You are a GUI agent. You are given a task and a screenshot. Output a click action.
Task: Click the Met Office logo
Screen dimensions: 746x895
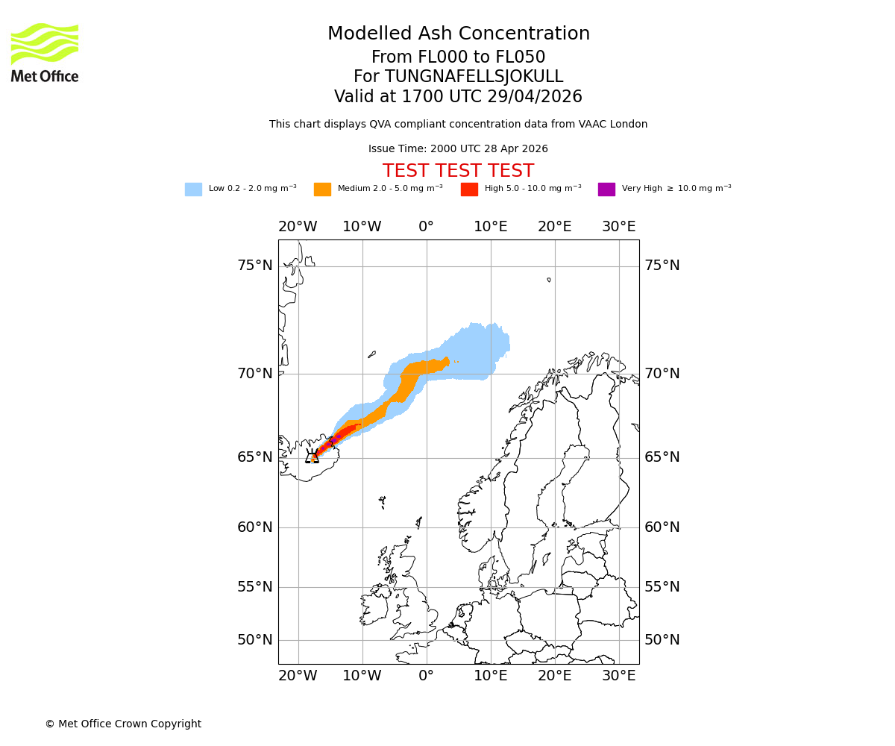tap(45, 52)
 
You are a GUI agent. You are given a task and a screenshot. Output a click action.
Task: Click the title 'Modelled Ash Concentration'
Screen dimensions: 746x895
tap(458, 34)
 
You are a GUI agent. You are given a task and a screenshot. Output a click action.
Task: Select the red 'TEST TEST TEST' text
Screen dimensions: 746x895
tap(458, 171)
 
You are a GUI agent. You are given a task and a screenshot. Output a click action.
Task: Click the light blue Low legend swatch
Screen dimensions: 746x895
tap(193, 189)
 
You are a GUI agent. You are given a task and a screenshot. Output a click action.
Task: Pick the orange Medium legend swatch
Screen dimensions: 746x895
tap(322, 189)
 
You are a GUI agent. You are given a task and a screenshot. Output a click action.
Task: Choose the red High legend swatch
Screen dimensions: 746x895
tap(469, 189)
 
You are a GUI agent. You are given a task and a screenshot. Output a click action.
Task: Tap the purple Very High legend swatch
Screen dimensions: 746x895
tap(606, 189)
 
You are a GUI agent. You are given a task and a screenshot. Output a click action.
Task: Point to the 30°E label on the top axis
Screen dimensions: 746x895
tap(619, 227)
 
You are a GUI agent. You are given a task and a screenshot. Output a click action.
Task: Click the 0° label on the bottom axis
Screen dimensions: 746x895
tap(426, 676)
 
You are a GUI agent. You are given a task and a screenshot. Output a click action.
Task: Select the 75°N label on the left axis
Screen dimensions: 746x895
tap(255, 266)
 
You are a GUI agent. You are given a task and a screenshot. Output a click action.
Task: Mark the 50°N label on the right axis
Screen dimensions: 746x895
tap(662, 640)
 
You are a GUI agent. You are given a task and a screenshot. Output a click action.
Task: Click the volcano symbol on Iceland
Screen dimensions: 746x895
tap(312, 456)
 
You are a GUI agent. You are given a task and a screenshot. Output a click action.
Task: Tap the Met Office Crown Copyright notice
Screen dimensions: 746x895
tap(123, 724)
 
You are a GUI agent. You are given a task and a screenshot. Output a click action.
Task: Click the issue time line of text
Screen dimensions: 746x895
tap(458, 148)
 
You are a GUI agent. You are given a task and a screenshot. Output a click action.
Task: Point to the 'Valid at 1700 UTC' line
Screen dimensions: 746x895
tap(458, 96)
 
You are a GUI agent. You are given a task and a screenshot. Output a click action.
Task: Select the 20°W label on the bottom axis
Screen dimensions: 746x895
tap(298, 676)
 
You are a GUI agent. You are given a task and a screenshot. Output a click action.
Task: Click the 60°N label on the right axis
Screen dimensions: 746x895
tap(662, 527)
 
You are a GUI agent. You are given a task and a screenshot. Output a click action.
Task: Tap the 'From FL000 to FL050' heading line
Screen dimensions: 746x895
tap(458, 57)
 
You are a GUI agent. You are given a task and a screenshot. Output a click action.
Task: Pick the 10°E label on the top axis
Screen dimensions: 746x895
tap(491, 227)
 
